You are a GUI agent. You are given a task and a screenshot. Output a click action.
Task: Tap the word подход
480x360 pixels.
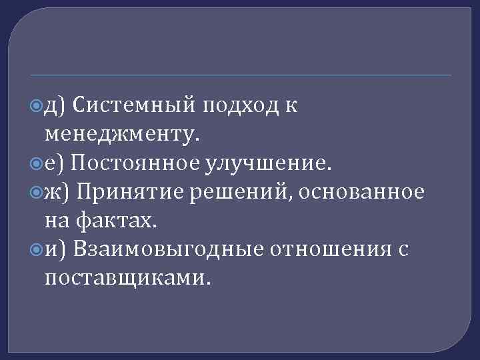tap(241, 105)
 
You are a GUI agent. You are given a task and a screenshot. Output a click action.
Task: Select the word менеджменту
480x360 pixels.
tap(121, 134)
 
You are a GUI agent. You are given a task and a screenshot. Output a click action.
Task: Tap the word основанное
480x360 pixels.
tap(362, 192)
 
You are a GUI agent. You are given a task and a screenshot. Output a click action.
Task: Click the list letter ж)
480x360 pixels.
tap(57, 192)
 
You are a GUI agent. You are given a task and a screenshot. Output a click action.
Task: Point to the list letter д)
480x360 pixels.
tap(55, 105)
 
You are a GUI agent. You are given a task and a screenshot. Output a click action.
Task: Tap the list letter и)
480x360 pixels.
tap(55, 249)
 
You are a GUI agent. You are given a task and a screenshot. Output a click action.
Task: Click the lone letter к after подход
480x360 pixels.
tap(292, 105)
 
